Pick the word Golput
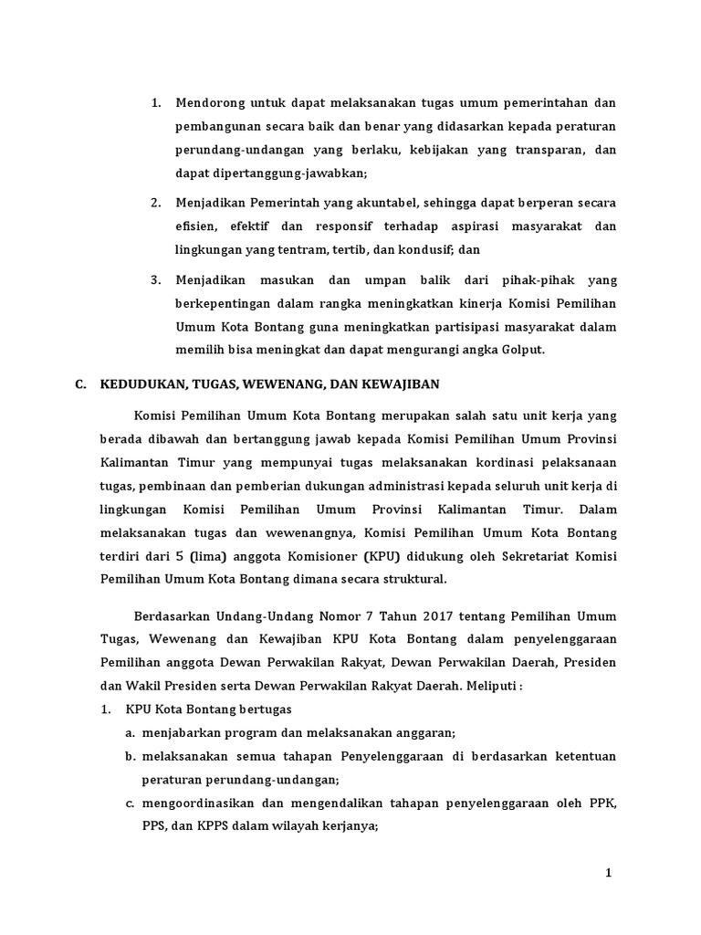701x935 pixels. click(x=523, y=350)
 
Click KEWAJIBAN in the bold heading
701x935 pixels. click(x=400, y=383)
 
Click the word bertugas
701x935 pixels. click(x=260, y=709)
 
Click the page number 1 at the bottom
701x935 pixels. click(x=609, y=874)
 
